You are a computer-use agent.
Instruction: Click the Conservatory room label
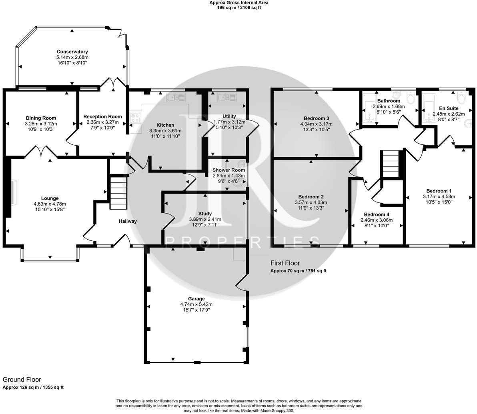[x=72, y=52]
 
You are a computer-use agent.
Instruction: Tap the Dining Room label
[x=41, y=118]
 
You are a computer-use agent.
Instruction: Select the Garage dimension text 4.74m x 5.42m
[x=196, y=304]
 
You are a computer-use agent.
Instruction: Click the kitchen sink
[x=176, y=97]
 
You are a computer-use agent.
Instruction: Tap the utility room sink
[x=226, y=97]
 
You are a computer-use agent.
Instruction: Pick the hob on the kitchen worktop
[x=136, y=118]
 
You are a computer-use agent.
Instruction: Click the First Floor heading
[x=285, y=263]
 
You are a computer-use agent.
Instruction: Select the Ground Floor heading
[x=22, y=380]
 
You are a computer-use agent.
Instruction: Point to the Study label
[x=205, y=214]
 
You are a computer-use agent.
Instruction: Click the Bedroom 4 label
[x=377, y=214]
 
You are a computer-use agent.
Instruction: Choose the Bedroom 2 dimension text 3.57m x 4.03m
[x=311, y=202]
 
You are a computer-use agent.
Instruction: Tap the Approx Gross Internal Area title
[x=239, y=3]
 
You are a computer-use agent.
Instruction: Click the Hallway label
[x=128, y=221]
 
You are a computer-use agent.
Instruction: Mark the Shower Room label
[x=228, y=170]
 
